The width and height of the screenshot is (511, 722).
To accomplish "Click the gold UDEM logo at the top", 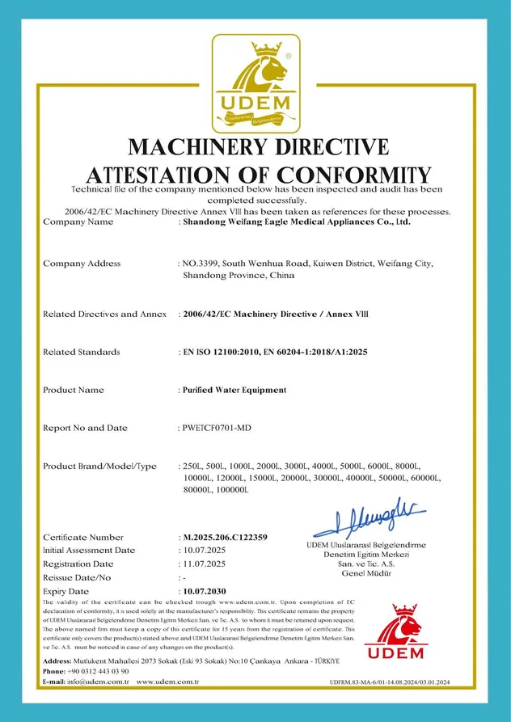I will (x=255, y=84).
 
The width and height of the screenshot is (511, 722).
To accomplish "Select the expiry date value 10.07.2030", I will (x=205, y=592).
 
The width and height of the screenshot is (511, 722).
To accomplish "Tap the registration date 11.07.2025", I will (x=203, y=564).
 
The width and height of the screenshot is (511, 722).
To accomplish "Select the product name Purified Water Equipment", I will (x=234, y=390).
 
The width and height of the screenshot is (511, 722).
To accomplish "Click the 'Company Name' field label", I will (x=78, y=221).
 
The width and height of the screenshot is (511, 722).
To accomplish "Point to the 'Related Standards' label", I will (x=81, y=352).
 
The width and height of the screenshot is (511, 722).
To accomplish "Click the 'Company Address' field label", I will (x=81, y=263).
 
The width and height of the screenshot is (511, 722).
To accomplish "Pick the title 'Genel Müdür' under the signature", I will (x=366, y=573).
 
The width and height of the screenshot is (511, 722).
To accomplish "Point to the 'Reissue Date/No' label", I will (x=76, y=577).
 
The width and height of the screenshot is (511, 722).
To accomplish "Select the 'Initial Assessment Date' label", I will (x=88, y=550).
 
